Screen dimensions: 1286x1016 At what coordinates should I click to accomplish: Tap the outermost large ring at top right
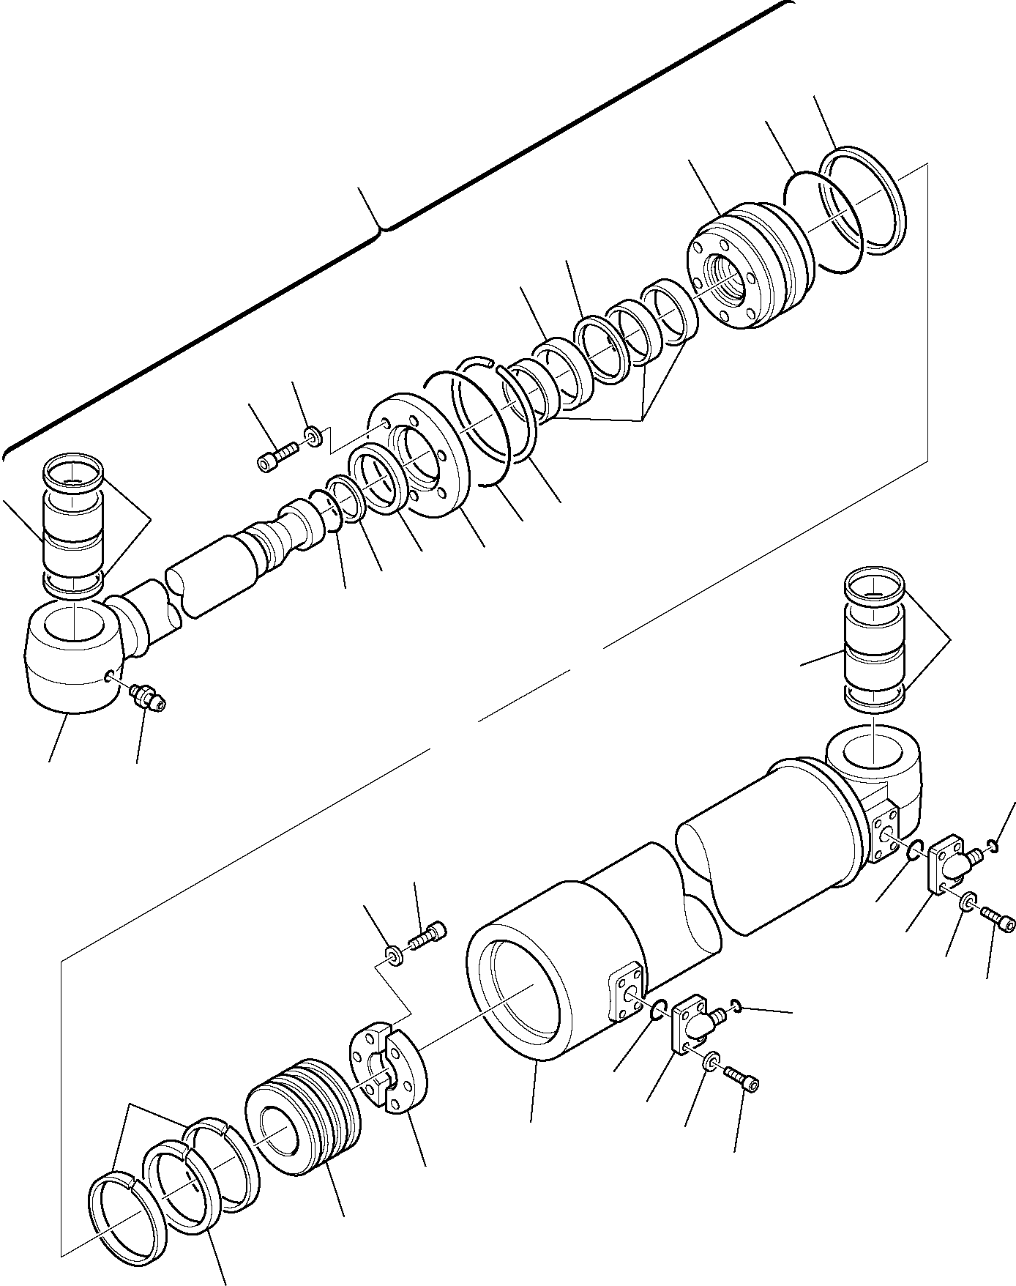(x=862, y=201)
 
